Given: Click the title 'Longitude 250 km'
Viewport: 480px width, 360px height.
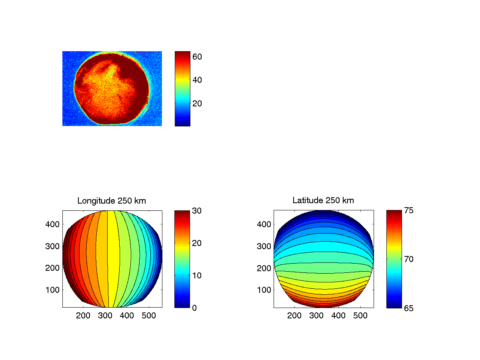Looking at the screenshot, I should coord(112,201).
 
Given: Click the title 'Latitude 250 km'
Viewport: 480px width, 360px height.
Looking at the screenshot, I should coord(323,201).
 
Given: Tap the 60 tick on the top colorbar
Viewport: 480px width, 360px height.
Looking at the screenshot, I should coord(197,57).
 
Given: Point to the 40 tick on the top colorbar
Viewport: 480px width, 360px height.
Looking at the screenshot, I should coord(197,80).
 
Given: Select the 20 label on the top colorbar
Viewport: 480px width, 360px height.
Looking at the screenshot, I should coord(197,103).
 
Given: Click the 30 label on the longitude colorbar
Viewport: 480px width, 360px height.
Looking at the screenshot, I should coord(197,210).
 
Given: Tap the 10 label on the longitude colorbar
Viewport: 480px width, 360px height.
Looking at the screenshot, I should coord(197,275).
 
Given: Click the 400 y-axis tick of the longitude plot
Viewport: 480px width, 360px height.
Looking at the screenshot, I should coord(54,224).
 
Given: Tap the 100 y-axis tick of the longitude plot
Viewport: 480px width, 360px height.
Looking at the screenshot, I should coord(54,290).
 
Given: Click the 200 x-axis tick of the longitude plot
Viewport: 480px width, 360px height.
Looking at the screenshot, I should coord(83,316).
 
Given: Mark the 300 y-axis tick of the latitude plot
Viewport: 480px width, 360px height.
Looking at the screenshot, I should coord(265,246).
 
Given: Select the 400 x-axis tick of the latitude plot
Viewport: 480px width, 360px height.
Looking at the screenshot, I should coord(338,316).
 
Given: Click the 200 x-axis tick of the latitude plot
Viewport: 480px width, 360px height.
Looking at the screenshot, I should coord(294,316).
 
